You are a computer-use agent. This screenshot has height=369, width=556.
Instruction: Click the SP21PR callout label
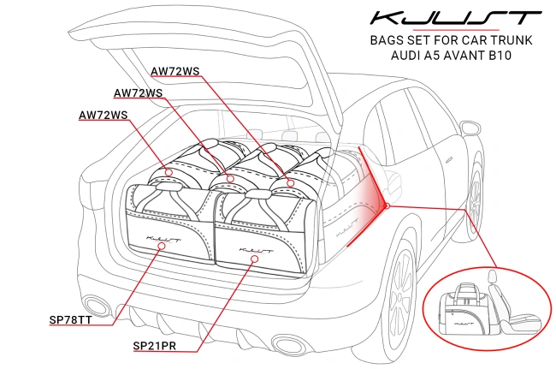(160, 345)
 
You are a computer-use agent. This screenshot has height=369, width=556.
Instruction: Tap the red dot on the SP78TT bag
(162, 246)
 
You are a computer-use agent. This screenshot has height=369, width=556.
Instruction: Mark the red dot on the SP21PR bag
(253, 256)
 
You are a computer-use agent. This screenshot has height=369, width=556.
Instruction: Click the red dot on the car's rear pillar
(387, 205)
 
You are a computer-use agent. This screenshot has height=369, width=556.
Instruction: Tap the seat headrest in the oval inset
(494, 278)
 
